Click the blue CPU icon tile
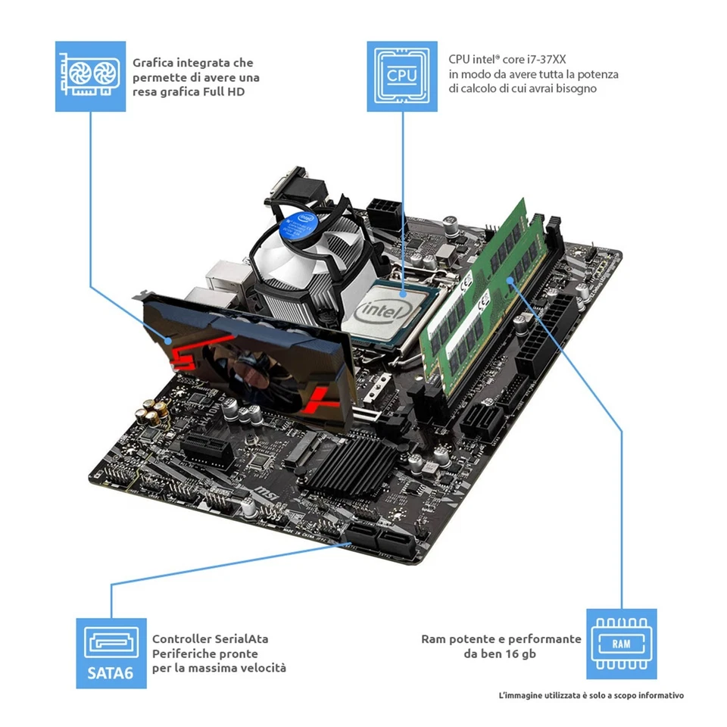tap(402, 76)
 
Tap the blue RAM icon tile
tap(622, 644)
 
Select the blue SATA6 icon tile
tap(111, 653)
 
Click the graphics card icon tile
tap(91, 76)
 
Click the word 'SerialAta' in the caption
tap(236, 639)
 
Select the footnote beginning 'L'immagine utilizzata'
tap(591, 695)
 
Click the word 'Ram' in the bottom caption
tap(433, 639)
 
